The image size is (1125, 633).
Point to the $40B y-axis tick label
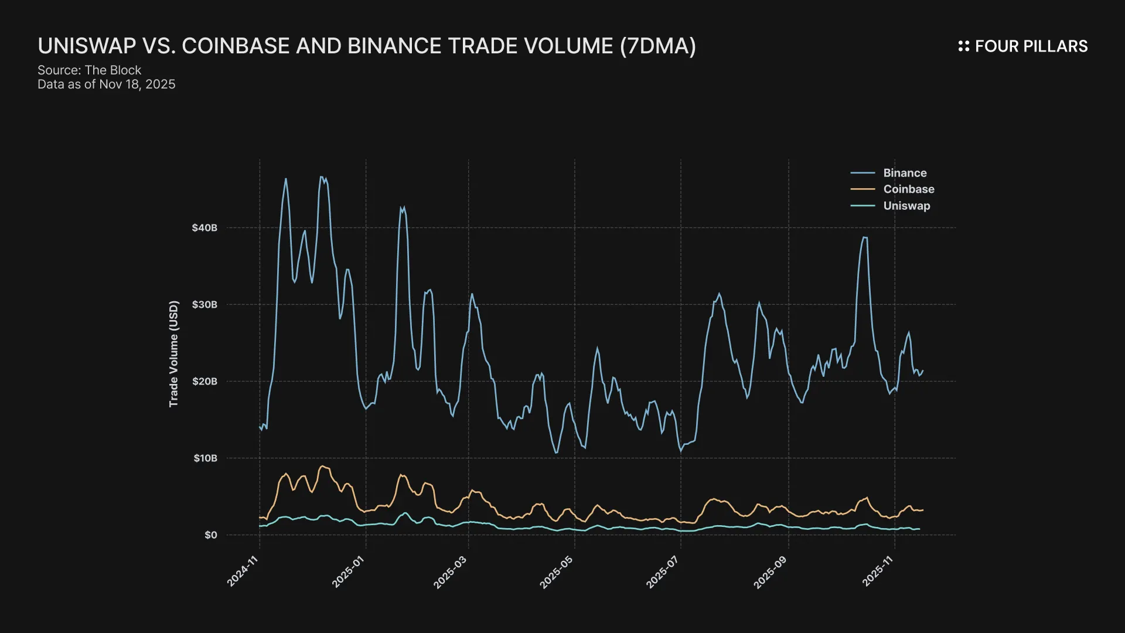(204, 228)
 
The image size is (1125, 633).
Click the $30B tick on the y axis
(204, 305)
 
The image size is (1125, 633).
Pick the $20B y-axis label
(204, 382)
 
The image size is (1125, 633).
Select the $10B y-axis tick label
(205, 458)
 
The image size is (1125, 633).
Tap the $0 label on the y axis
(210, 535)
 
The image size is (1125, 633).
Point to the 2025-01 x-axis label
(349, 571)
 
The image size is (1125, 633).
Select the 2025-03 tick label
(451, 571)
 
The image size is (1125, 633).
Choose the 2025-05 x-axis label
(557, 571)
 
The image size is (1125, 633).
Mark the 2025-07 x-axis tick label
(663, 571)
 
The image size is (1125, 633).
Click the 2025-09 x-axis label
(771, 571)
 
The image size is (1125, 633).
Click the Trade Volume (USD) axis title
(173, 354)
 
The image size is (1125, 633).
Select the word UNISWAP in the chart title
(87, 46)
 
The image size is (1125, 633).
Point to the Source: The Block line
(90, 70)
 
